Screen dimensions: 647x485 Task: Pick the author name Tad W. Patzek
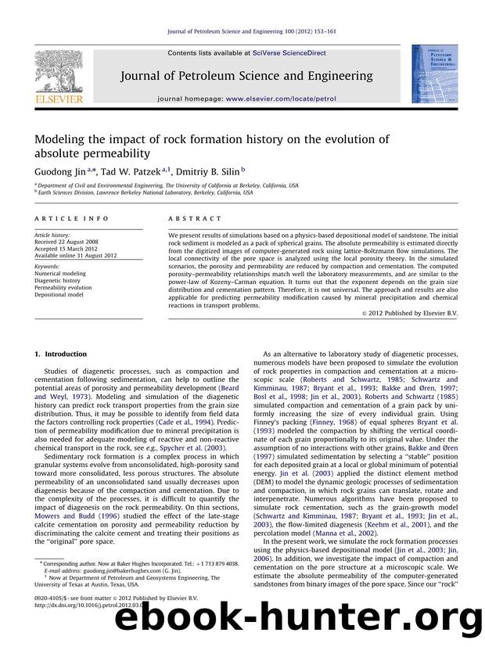(130, 168)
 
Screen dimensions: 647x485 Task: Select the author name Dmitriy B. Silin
(194, 168)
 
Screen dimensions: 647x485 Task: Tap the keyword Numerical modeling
(63, 274)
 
